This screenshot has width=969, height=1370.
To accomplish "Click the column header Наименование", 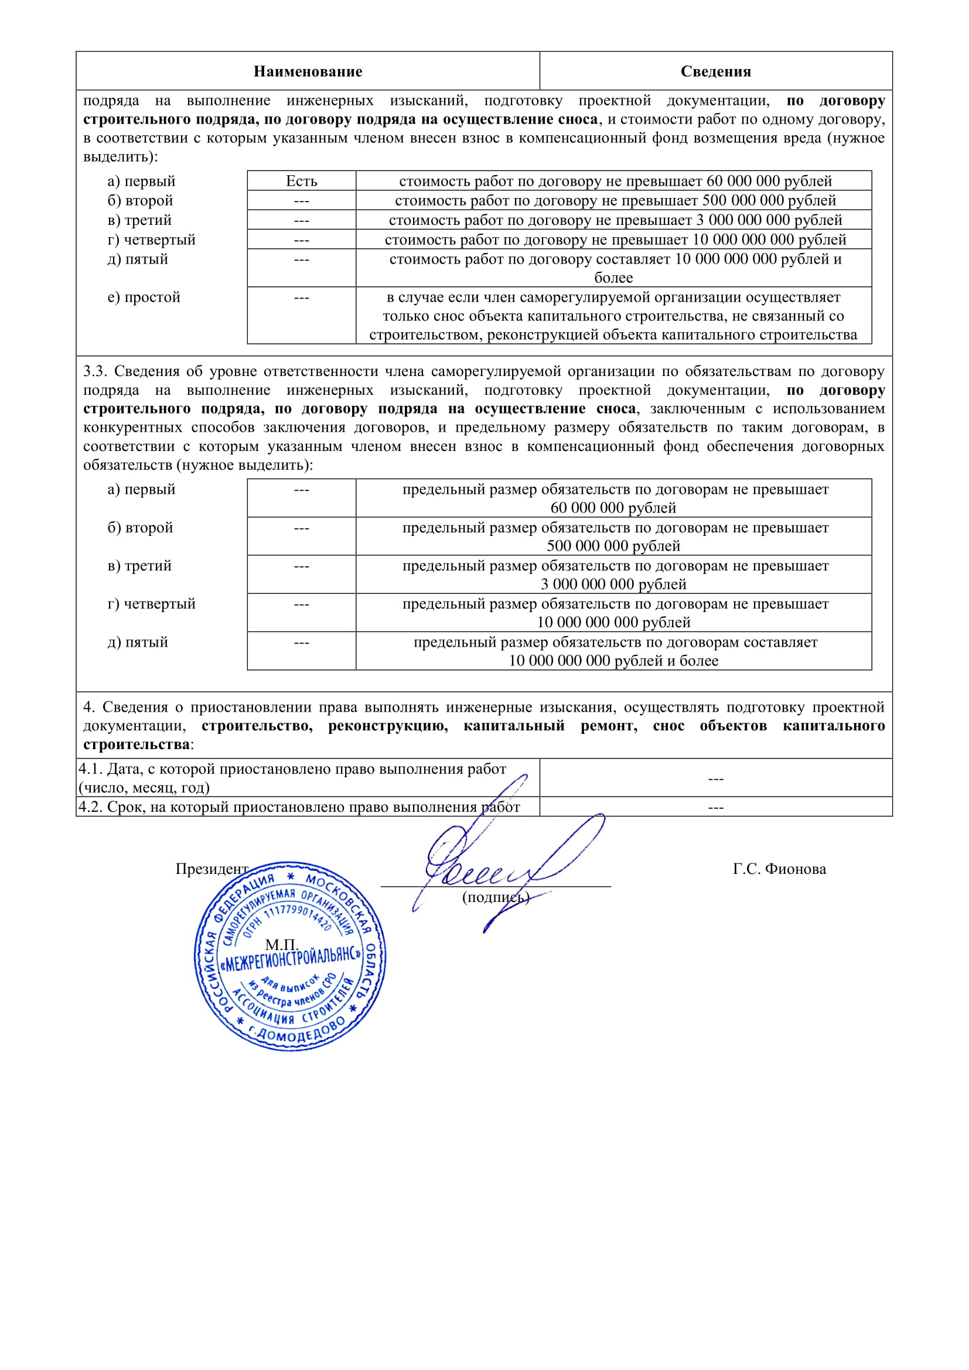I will tap(308, 71).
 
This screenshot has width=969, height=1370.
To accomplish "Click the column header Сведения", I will tap(715, 71).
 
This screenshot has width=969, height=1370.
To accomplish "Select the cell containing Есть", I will tap(301, 181).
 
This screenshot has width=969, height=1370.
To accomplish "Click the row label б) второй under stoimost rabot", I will tap(140, 200).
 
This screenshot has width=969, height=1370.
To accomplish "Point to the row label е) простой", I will tap(144, 297).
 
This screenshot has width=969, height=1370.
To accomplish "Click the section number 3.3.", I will tap(95, 371).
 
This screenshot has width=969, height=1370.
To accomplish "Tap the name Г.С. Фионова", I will tap(779, 869).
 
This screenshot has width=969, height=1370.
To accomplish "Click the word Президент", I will tap(212, 869).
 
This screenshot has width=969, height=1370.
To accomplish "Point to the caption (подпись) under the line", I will tap(496, 897).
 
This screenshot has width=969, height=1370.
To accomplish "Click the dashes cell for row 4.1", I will tap(715, 778).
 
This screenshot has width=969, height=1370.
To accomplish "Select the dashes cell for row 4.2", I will tap(715, 807).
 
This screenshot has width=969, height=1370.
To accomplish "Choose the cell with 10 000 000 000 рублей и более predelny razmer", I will tap(613, 651).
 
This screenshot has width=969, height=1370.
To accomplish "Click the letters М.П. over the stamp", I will tap(281, 945).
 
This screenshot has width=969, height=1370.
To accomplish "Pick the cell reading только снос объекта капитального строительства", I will tap(613, 316).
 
